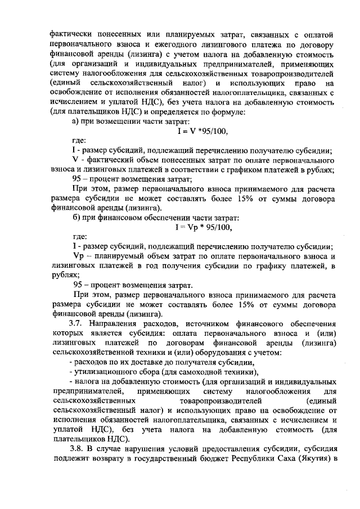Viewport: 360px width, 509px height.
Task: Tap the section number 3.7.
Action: [x=77, y=323]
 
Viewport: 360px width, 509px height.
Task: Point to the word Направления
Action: [x=116, y=323]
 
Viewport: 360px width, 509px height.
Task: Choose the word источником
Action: [x=203, y=323]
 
